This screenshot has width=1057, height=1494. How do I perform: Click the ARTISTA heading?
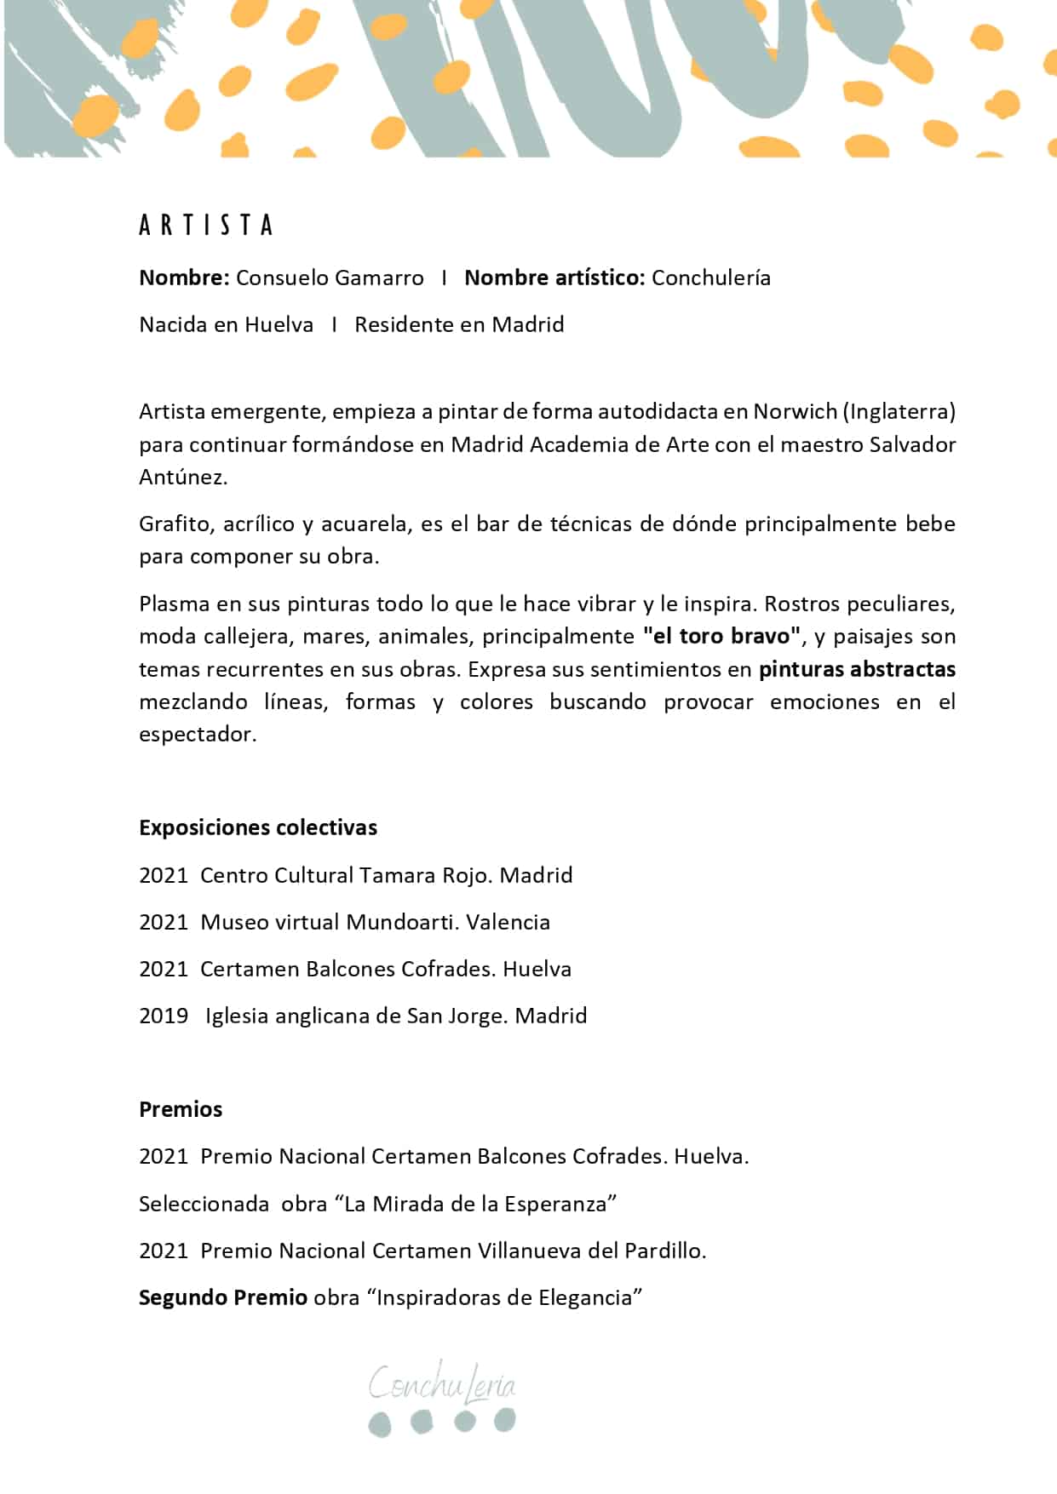[x=205, y=226]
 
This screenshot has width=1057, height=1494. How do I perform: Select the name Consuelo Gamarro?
[x=330, y=278]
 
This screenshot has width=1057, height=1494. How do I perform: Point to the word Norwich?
[x=795, y=412]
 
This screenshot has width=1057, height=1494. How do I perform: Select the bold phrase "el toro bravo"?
[x=722, y=637]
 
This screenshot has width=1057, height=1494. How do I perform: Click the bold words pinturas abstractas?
[x=857, y=670]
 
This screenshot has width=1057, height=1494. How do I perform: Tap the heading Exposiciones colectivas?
[x=258, y=828]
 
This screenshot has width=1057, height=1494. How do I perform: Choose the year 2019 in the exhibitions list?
[x=164, y=1016]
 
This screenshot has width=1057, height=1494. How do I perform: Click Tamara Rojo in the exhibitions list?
[x=424, y=876]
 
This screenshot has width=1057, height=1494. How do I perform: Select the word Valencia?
[x=508, y=923]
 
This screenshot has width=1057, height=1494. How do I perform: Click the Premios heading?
[x=181, y=1110]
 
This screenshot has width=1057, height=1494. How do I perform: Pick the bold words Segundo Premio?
[x=223, y=1298]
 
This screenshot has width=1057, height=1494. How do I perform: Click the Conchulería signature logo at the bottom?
[x=442, y=1397]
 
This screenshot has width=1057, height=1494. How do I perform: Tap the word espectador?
[x=197, y=735]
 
